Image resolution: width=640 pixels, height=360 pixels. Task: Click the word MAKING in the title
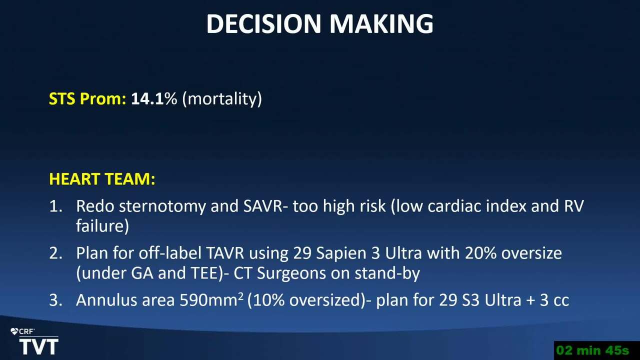click(x=381, y=23)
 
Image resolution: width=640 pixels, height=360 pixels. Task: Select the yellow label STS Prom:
click(x=87, y=98)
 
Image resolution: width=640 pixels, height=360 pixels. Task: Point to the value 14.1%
click(x=154, y=98)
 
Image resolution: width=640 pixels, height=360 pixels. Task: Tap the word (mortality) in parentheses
click(x=222, y=99)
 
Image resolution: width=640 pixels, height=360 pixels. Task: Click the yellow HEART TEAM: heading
click(x=102, y=179)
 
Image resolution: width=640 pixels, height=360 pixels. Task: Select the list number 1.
click(x=55, y=206)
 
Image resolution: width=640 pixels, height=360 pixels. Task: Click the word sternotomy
click(x=162, y=206)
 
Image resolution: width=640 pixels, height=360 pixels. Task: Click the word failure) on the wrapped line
click(x=102, y=226)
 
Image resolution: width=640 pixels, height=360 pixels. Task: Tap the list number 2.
click(x=55, y=253)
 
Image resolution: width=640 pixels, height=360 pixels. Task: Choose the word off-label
click(x=170, y=253)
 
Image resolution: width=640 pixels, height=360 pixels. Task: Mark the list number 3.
click(x=55, y=300)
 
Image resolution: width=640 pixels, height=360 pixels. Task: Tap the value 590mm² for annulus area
click(x=211, y=299)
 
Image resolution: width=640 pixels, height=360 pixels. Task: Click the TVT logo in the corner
click(x=38, y=346)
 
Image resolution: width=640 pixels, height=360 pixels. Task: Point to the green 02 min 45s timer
click(x=592, y=350)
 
